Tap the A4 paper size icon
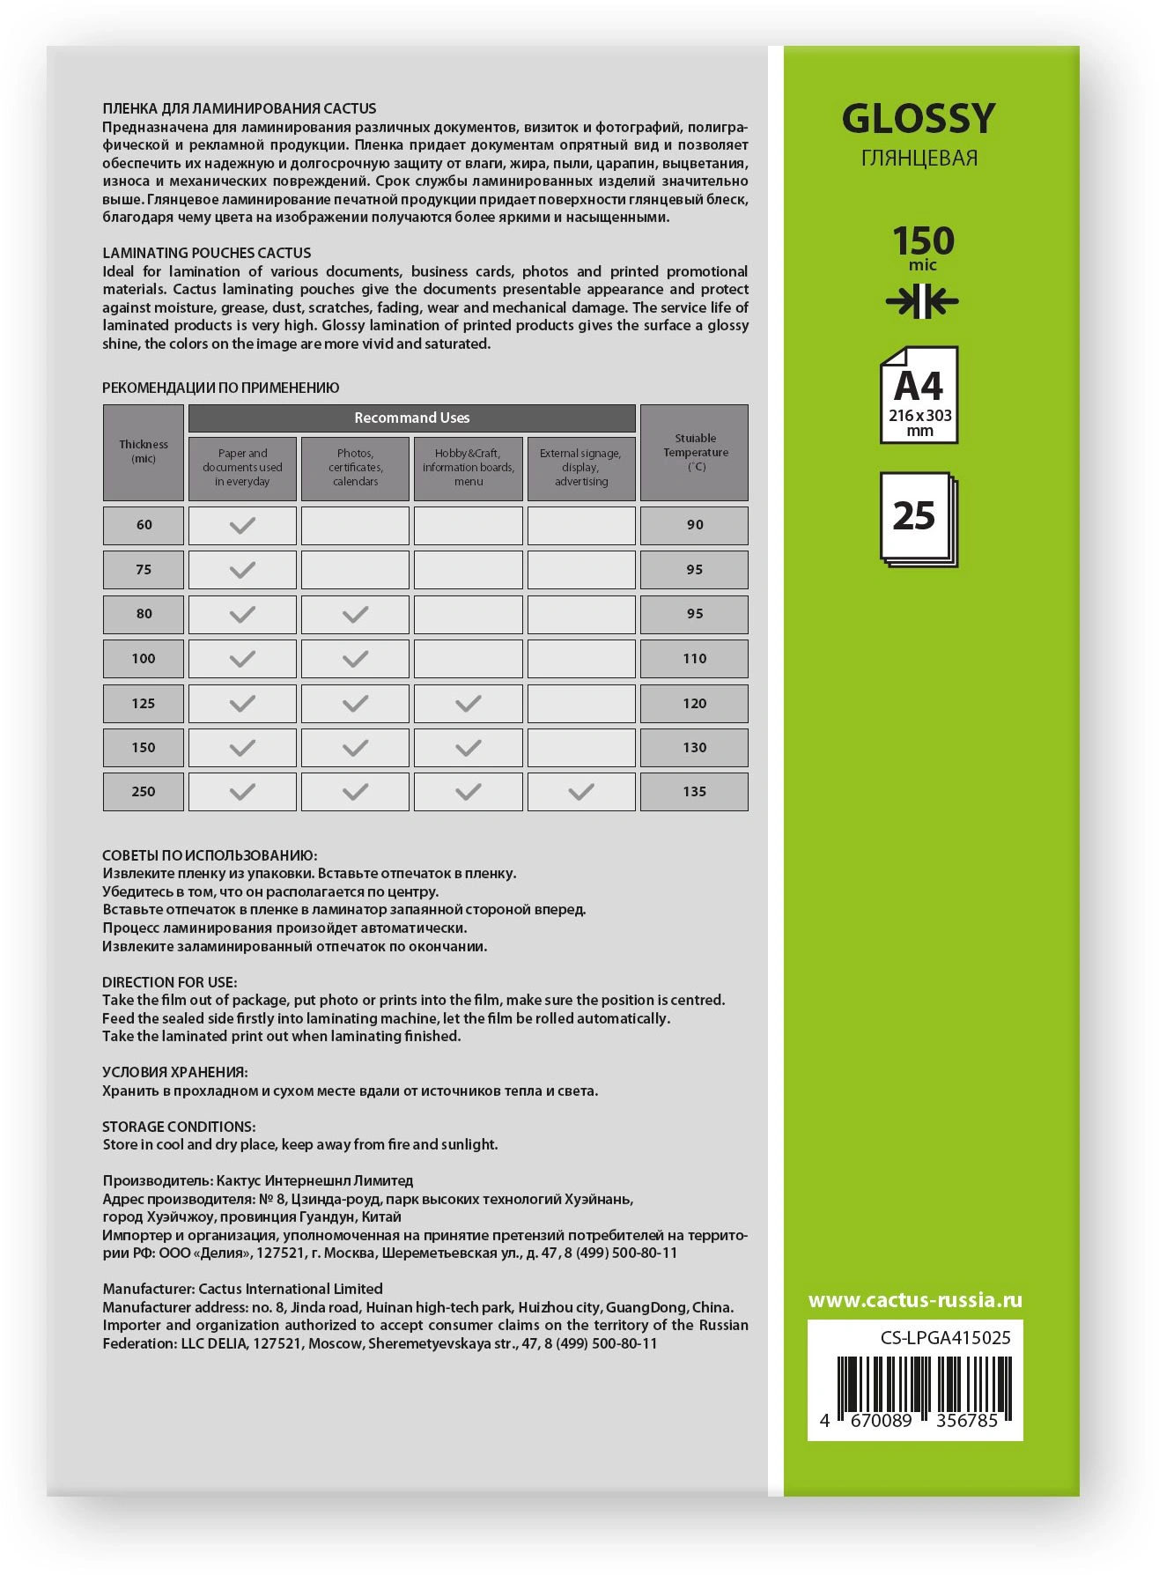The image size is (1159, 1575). (919, 396)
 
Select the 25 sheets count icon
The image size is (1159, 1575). (918, 519)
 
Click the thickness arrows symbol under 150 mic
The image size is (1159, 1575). (921, 302)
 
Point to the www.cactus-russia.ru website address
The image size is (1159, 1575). (915, 1300)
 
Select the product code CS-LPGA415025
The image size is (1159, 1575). (945, 1338)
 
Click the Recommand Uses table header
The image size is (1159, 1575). (411, 418)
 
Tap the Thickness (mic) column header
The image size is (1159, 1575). (144, 452)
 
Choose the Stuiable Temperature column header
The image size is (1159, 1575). (694, 452)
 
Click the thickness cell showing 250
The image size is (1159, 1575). (144, 792)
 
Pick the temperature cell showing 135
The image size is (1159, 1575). (694, 792)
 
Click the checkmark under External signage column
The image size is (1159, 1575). (580, 792)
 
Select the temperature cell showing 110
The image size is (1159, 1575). (694, 659)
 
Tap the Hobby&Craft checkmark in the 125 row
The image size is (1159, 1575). (468, 703)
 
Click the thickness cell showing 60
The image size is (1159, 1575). (144, 525)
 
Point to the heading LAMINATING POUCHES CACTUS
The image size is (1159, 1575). (207, 253)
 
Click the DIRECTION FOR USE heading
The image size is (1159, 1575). (169, 982)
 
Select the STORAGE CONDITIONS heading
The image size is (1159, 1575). (179, 1127)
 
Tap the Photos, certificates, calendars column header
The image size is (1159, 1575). (355, 468)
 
